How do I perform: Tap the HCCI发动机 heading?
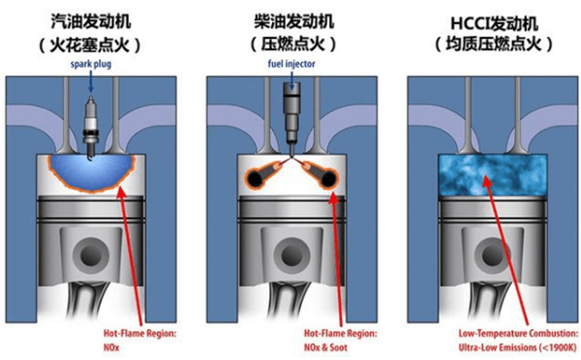(484, 19)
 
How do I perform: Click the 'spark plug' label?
(92, 66)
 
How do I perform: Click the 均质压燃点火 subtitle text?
(484, 45)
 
